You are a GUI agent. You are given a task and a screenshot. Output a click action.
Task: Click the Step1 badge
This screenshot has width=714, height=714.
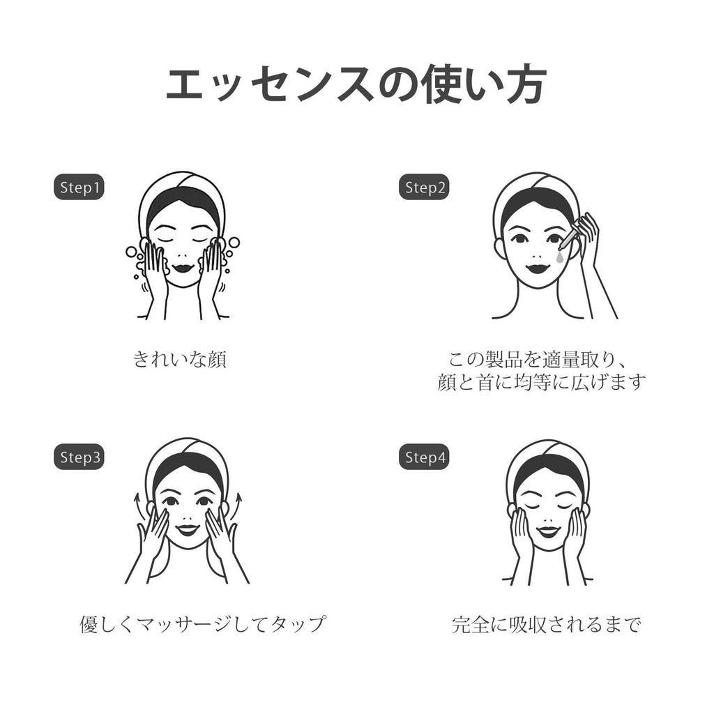point(79,187)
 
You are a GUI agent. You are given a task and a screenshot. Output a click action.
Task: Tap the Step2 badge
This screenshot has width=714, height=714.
point(424,187)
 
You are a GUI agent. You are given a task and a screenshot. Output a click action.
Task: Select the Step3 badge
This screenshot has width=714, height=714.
point(79,457)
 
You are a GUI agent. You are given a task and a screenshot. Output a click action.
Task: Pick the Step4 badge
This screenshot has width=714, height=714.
point(424,457)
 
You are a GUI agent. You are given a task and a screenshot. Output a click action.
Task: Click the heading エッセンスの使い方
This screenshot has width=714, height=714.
point(356,85)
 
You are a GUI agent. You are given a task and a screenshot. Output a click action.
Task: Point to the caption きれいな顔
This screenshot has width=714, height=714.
point(180,359)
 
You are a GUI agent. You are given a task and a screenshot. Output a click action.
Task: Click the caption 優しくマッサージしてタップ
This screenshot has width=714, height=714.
point(203,624)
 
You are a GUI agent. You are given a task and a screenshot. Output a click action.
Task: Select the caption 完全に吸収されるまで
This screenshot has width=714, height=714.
point(547,624)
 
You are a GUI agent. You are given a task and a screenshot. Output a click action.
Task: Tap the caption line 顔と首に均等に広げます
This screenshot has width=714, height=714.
point(541,382)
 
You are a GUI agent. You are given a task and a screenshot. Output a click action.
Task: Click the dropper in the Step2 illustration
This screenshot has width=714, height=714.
point(567,238)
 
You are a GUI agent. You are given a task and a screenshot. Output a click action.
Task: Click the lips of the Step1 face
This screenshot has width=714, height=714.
point(184,268)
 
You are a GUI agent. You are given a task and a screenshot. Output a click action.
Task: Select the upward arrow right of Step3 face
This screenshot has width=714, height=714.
point(237,505)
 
